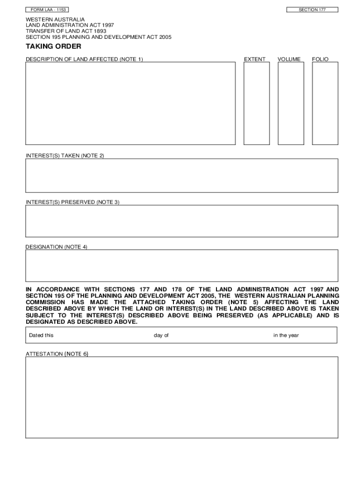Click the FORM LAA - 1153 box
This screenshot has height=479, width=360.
(48, 10)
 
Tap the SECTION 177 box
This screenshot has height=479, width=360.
(312, 10)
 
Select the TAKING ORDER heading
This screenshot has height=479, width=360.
(53, 46)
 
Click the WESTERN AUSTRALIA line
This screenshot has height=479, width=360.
(55, 19)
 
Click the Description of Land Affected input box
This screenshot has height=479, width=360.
(130, 103)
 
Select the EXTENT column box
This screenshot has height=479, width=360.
(257, 103)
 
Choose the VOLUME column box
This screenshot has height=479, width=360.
(290, 103)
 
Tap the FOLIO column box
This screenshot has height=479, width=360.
(325, 103)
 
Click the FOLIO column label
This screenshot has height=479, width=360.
(320, 59)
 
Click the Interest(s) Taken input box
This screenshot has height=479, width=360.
(181, 175)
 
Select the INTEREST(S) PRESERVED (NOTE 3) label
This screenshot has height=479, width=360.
(72, 202)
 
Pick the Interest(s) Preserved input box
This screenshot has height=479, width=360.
(181, 221)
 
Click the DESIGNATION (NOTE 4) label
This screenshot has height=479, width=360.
(56, 247)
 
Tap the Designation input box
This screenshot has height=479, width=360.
(181, 265)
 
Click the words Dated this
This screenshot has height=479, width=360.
(41, 335)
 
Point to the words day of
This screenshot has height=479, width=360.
(161, 335)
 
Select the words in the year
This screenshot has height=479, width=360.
(286, 335)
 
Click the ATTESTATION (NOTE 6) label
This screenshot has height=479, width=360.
(57, 354)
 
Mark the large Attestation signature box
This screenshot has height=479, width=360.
(181, 397)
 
